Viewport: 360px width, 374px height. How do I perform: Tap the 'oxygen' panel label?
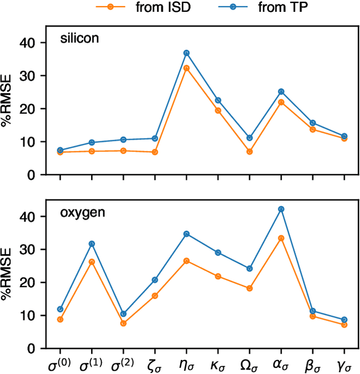(79, 214)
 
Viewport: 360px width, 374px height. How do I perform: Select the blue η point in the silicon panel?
(187, 53)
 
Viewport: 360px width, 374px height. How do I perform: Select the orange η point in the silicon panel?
(187, 68)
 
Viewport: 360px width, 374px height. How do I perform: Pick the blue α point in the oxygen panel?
(281, 209)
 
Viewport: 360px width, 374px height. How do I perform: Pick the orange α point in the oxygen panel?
(281, 238)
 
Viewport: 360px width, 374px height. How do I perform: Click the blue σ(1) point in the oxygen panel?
(92, 244)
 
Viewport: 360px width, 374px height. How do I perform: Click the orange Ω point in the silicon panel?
(250, 152)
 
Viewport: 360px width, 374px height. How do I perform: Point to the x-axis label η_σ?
(187, 363)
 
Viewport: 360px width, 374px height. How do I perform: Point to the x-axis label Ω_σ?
(250, 363)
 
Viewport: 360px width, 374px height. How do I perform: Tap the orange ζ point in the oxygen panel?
(155, 296)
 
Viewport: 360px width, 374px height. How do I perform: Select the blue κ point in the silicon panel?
(218, 100)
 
